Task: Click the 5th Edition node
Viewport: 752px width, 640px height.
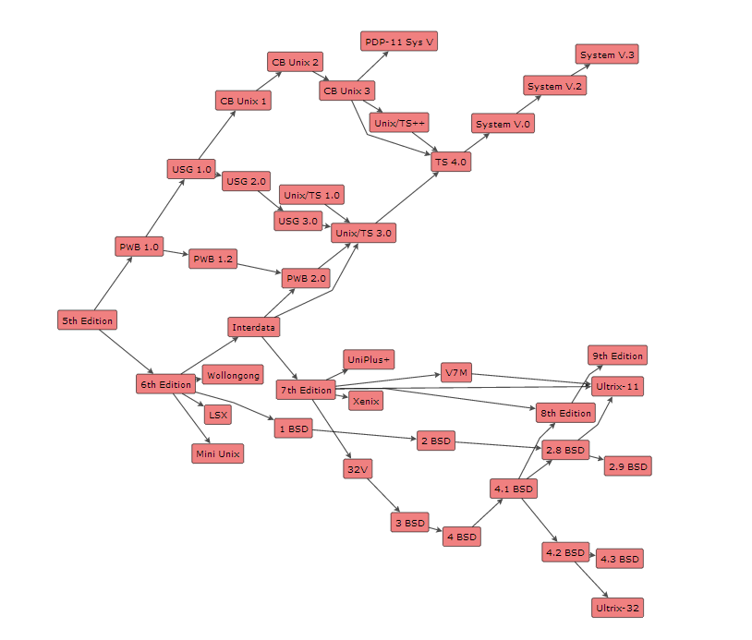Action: pyautogui.click(x=87, y=320)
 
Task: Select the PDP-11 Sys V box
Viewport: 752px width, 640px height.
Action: pyautogui.click(x=399, y=42)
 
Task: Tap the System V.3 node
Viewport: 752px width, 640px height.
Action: pyautogui.click(x=607, y=54)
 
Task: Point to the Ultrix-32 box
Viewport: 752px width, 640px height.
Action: pyautogui.click(x=617, y=608)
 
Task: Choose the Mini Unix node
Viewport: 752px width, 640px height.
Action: pyautogui.click(x=217, y=453)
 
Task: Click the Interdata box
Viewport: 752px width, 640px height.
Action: pyautogui.click(x=253, y=327)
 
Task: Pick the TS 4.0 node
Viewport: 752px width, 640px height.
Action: pyautogui.click(x=452, y=162)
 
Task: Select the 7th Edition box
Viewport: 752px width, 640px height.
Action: pyautogui.click(x=305, y=390)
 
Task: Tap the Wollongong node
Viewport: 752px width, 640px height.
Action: pyautogui.click(x=233, y=375)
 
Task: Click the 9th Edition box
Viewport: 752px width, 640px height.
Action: pyautogui.click(x=617, y=356)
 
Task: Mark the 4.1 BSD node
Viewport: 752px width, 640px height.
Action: pyautogui.click(x=513, y=488)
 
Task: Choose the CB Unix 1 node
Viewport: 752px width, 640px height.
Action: pyautogui.click(x=244, y=100)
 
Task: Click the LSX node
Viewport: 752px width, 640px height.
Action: pyautogui.click(x=217, y=415)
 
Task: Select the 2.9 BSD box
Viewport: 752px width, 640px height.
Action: pyautogui.click(x=627, y=466)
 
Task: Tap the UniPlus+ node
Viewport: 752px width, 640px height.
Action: pyautogui.click(x=369, y=359)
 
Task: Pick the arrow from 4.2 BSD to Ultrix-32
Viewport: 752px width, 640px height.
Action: pyautogui.click(x=590, y=580)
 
